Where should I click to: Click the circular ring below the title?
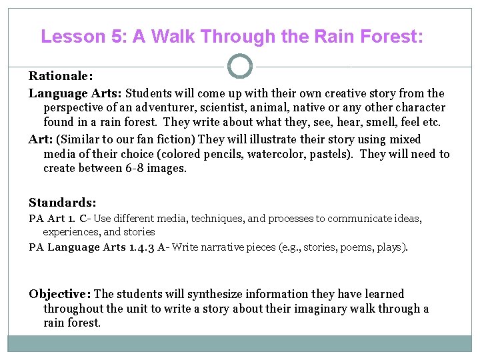[x=240, y=67]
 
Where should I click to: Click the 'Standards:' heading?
[x=62, y=201]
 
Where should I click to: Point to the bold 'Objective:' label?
[x=60, y=294]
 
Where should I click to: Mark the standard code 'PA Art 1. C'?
[x=59, y=219]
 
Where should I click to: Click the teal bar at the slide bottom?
[x=240, y=343]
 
